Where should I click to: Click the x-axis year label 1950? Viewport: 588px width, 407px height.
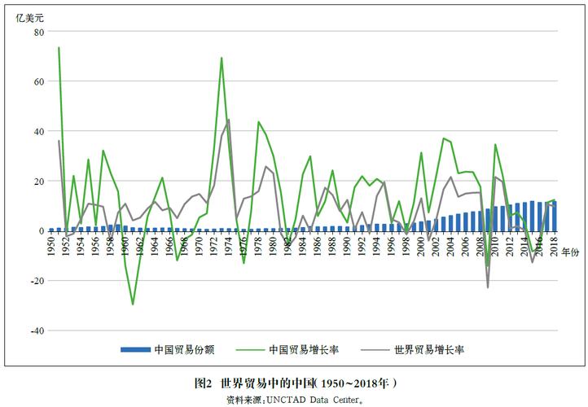click(x=50, y=247)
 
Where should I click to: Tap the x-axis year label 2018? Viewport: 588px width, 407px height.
click(x=555, y=247)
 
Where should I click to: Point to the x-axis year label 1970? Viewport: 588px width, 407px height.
click(x=199, y=247)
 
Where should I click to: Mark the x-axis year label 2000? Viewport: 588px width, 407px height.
click(x=421, y=247)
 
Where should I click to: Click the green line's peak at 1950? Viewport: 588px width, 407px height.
click(x=59, y=48)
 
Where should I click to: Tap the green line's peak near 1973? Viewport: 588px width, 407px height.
click(x=222, y=58)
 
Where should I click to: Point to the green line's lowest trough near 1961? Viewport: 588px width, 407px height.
click(x=133, y=304)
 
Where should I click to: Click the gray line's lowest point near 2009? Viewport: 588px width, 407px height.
click(x=488, y=287)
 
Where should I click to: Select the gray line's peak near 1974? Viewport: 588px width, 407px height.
click(x=229, y=120)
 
